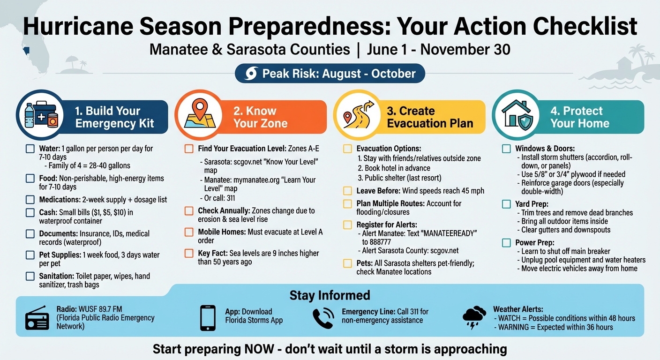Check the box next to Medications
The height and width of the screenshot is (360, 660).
(x=30, y=200)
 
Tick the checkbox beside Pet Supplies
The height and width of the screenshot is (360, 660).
(x=30, y=255)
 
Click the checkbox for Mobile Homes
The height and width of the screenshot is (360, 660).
(x=189, y=232)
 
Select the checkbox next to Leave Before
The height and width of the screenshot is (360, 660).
(x=347, y=191)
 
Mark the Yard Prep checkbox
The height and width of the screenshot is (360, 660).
(x=506, y=204)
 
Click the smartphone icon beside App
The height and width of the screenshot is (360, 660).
(x=208, y=318)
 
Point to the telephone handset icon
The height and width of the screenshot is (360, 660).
(x=323, y=318)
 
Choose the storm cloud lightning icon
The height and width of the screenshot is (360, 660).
(x=474, y=317)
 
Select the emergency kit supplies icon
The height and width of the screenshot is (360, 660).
(x=41, y=115)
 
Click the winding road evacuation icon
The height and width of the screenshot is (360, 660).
(x=359, y=115)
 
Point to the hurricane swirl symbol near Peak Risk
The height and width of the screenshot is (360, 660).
(x=251, y=74)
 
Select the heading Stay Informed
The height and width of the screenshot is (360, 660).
(x=330, y=295)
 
